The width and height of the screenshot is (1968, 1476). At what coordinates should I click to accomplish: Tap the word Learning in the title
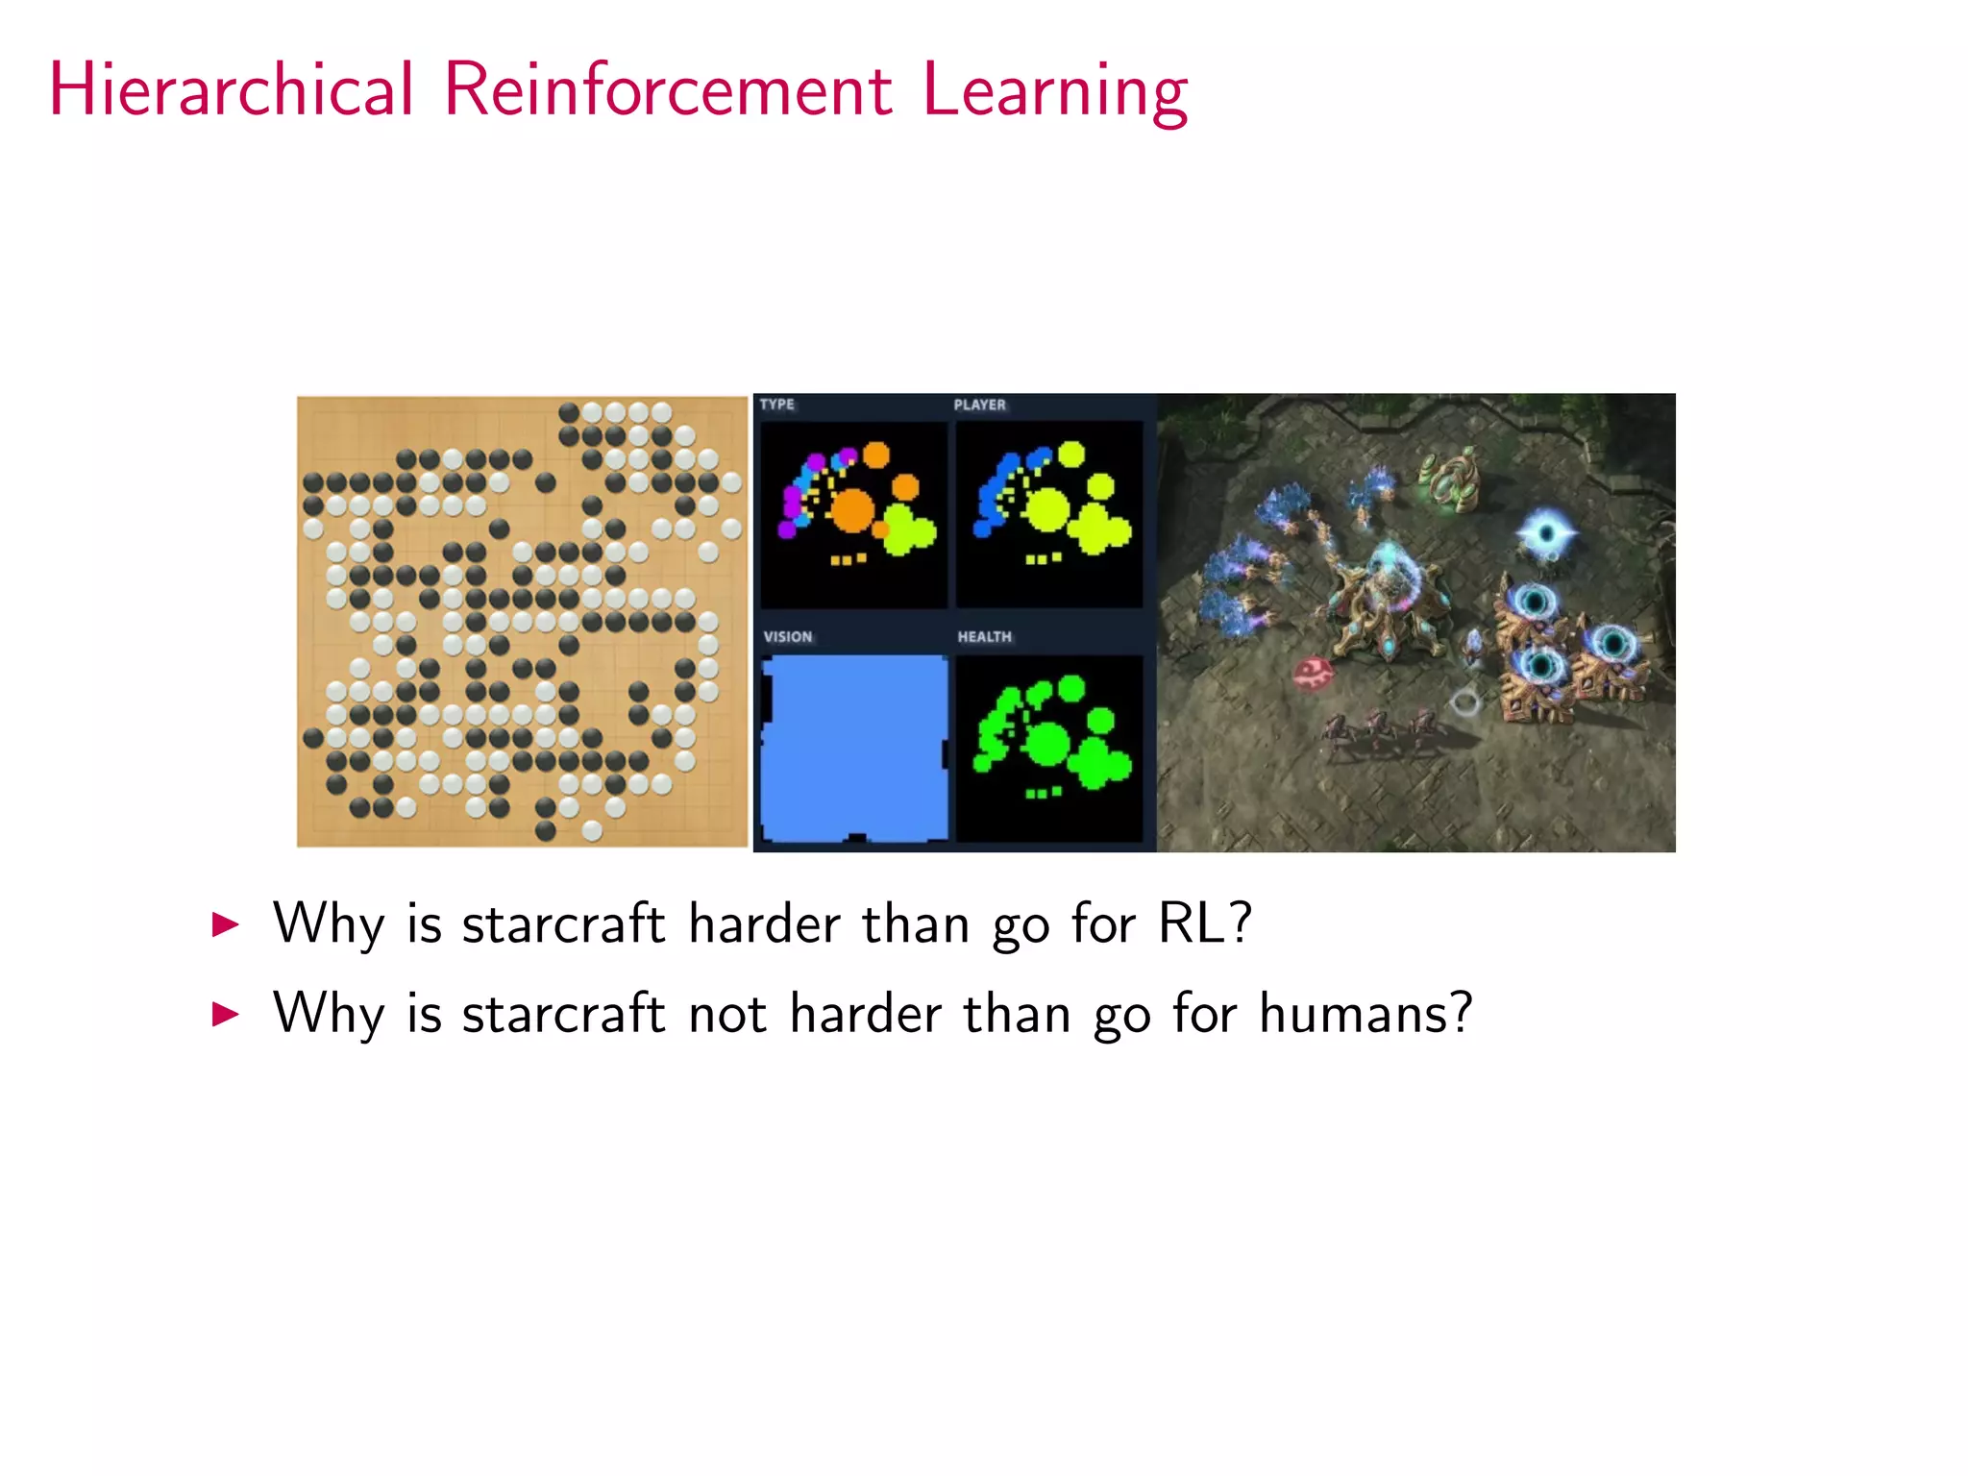[1055, 91]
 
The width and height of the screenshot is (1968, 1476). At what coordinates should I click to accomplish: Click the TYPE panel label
[776, 405]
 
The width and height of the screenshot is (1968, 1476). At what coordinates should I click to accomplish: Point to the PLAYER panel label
[979, 405]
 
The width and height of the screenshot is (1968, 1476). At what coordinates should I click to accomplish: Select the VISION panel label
[787, 637]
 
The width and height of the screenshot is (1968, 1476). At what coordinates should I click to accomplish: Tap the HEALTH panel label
[984, 637]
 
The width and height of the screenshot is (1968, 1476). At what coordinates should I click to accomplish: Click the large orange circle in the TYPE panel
[851, 510]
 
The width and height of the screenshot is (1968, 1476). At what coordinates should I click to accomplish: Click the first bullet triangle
[225, 924]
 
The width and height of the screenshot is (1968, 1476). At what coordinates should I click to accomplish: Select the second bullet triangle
[225, 1014]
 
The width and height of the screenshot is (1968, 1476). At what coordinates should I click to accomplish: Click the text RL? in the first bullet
[1205, 923]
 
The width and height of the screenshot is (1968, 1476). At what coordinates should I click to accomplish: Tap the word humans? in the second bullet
[1365, 1013]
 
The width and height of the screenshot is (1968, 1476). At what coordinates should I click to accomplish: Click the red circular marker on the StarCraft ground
[1312, 673]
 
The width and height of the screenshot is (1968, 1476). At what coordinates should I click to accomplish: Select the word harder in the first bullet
[764, 923]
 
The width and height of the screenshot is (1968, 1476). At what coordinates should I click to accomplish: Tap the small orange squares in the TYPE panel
[849, 559]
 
